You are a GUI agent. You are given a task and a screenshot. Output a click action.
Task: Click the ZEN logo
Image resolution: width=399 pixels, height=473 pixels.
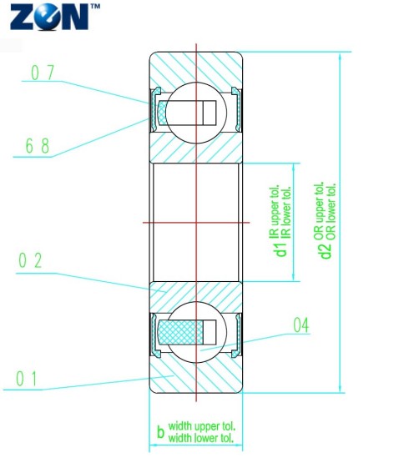[50, 17]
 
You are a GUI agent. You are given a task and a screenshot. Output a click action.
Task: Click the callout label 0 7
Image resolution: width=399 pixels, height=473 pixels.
[43, 73]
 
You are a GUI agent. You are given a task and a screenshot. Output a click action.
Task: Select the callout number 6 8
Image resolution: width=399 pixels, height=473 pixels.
[38, 146]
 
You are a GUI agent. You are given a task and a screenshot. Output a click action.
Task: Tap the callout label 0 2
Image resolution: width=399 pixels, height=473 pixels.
[30, 260]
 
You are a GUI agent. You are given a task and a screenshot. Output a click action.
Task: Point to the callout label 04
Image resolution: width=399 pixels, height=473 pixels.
[301, 325]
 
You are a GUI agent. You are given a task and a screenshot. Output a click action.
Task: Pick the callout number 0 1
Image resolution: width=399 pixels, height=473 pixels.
[27, 379]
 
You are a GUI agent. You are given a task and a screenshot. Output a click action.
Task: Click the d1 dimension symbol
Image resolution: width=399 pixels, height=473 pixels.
[281, 249]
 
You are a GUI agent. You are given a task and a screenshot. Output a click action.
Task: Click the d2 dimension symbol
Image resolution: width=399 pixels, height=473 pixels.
[326, 250]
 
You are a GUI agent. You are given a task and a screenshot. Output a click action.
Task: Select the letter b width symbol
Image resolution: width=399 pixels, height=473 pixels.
[161, 431]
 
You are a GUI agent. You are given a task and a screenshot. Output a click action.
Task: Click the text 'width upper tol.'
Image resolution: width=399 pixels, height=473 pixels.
[202, 426]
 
